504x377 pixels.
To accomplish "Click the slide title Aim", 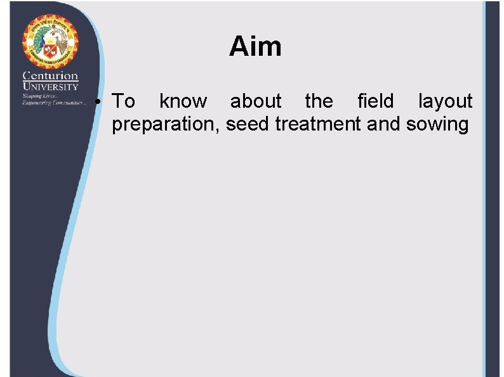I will tap(255, 47).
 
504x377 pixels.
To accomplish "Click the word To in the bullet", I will tap(123, 101).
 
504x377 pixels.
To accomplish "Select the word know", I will tap(183, 101).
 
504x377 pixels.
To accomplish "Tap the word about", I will tap(255, 101).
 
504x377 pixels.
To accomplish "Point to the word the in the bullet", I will tap(319, 101).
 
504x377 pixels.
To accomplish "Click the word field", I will tap(375, 101).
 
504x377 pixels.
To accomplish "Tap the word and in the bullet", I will tap(384, 124).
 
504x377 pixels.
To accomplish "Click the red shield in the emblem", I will tap(51, 51).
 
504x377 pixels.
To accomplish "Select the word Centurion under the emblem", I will tap(50, 76).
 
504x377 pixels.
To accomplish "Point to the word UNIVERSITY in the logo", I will tap(50, 86).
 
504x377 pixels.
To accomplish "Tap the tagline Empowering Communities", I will tap(53, 102).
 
